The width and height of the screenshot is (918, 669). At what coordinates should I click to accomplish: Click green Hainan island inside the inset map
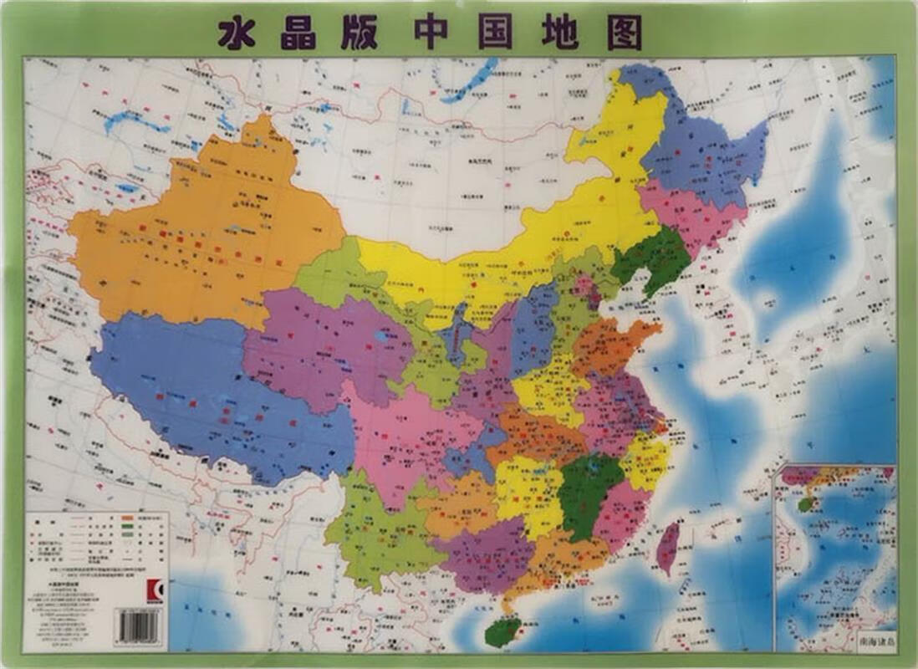tap(803, 504)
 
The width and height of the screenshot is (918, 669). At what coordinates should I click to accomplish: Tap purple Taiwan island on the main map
tap(668, 548)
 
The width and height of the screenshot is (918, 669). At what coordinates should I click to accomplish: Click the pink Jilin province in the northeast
tap(681, 213)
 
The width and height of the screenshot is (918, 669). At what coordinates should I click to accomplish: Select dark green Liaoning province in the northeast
tap(652, 259)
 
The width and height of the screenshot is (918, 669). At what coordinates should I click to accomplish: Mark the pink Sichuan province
tap(401, 435)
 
